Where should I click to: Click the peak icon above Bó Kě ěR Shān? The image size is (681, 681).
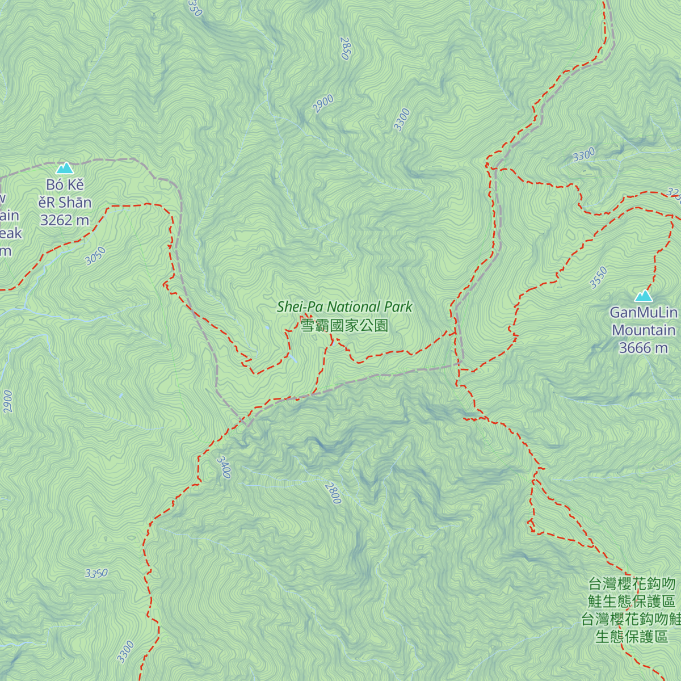(x=65, y=168)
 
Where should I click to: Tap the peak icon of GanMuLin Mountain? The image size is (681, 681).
(x=643, y=296)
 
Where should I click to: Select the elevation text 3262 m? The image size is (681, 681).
(x=64, y=220)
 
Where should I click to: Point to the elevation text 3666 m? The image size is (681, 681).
(x=643, y=348)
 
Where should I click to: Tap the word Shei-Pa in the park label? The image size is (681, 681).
(x=300, y=307)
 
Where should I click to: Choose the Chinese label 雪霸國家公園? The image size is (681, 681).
(x=344, y=326)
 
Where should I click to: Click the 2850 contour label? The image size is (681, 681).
(x=345, y=49)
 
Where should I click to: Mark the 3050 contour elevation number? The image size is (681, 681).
(x=95, y=256)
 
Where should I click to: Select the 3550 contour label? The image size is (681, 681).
(x=598, y=278)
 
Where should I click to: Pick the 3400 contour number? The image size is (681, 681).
(x=224, y=467)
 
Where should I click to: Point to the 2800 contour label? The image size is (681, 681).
(x=333, y=493)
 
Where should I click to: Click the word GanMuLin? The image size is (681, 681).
(x=643, y=313)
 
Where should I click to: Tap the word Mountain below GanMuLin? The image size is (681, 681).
(x=643, y=330)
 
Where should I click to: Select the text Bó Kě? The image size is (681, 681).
(x=65, y=185)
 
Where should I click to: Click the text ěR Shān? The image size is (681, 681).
(x=65, y=203)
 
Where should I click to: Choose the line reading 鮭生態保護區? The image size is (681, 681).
(x=631, y=602)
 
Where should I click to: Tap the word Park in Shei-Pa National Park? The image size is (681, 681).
(x=398, y=307)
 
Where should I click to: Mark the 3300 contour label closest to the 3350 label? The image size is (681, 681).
(x=125, y=651)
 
